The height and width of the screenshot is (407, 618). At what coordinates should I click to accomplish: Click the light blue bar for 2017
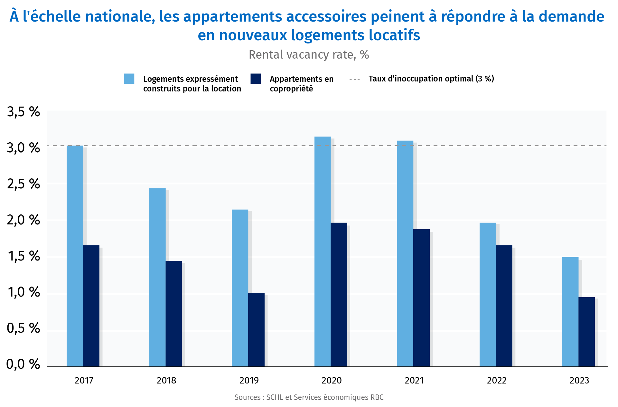pyautogui.click(x=75, y=256)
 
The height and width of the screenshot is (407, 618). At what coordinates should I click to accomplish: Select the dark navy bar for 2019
pyautogui.click(x=256, y=330)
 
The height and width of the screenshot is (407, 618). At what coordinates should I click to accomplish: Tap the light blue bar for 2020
pyautogui.click(x=323, y=251)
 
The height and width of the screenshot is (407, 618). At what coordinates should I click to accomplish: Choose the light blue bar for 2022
pyautogui.click(x=488, y=295)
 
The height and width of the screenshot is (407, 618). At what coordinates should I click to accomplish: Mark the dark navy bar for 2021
pyautogui.click(x=421, y=298)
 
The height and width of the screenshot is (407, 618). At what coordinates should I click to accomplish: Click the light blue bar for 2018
pyautogui.click(x=157, y=277)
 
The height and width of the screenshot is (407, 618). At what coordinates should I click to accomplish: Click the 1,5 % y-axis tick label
pyautogui.click(x=23, y=256)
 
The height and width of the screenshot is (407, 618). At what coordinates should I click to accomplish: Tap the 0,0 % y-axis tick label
pyautogui.click(x=23, y=364)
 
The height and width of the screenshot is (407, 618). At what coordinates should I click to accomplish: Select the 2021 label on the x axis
pyautogui.click(x=414, y=381)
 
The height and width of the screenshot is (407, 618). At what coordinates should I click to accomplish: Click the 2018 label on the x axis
pyautogui.click(x=166, y=381)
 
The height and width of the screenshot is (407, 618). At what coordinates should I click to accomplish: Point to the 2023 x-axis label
pyautogui.click(x=579, y=381)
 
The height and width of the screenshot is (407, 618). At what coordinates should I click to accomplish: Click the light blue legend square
pyautogui.click(x=129, y=79)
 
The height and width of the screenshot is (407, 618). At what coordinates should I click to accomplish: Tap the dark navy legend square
pyautogui.click(x=256, y=79)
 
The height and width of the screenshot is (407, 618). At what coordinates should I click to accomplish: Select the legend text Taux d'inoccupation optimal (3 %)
pyautogui.click(x=431, y=79)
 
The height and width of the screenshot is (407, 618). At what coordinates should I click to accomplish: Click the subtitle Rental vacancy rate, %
pyautogui.click(x=309, y=55)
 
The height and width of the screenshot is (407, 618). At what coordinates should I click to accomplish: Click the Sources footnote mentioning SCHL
pyautogui.click(x=309, y=397)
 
